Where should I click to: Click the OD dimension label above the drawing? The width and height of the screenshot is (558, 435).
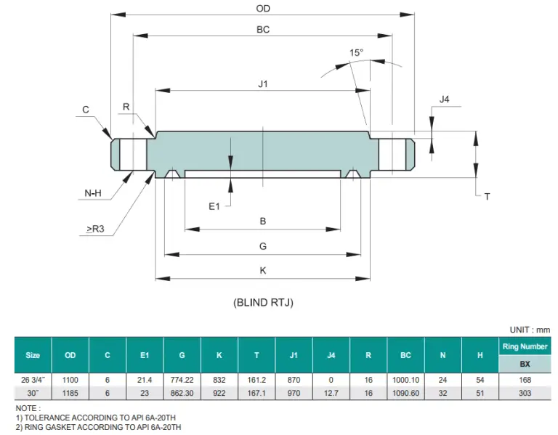point(263,9)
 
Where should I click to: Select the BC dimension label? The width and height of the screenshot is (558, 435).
point(263,30)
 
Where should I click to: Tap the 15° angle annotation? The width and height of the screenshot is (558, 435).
point(356,52)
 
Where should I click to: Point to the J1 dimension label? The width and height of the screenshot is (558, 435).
point(263,84)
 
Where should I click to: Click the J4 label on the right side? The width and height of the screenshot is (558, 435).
point(445,99)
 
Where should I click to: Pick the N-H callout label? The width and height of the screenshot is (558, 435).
point(92,193)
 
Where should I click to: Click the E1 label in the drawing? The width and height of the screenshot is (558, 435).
point(214,207)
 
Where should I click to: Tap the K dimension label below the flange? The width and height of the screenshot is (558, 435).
point(263,270)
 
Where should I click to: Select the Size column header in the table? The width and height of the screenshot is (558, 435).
point(33,355)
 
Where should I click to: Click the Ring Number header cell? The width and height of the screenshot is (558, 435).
point(525,346)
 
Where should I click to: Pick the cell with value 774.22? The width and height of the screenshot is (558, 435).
point(182,380)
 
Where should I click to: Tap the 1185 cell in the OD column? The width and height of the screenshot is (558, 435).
point(70,393)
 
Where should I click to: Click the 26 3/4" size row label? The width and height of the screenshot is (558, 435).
point(33,380)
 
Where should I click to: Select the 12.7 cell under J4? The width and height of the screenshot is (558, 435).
point(331,393)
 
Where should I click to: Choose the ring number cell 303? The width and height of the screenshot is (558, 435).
point(525,393)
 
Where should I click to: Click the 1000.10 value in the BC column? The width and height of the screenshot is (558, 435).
point(405,380)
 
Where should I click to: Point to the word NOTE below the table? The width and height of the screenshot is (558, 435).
point(28,409)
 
